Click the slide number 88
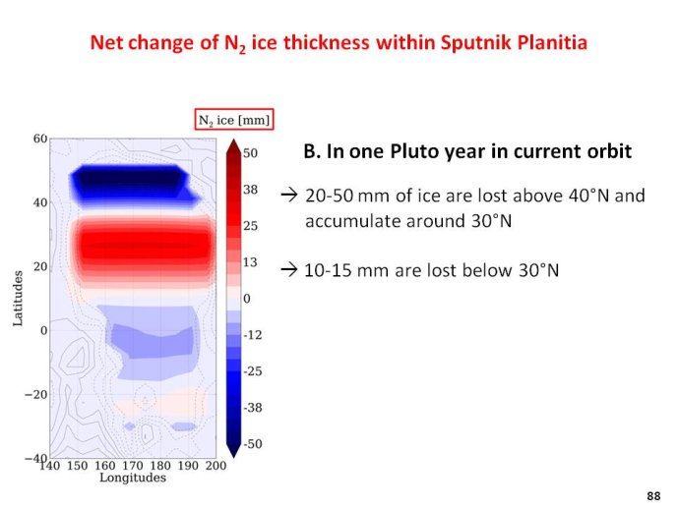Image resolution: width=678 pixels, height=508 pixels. (653, 496)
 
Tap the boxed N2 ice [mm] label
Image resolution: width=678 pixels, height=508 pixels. (234, 120)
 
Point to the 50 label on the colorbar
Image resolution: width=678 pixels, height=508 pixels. (250, 153)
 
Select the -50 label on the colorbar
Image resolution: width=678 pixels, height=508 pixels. (253, 444)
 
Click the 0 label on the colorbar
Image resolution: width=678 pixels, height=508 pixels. (246, 299)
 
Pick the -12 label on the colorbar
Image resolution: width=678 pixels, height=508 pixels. (253, 335)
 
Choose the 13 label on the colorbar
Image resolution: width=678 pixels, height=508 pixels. (250, 262)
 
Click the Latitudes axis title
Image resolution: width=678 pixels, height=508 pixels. (18, 299)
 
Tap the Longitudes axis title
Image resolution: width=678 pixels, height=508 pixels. (133, 478)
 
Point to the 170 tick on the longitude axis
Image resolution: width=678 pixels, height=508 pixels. (133, 466)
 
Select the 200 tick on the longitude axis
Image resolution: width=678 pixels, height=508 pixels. (216, 466)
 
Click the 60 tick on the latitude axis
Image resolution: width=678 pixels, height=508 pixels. (39, 139)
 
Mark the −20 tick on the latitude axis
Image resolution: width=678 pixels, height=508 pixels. (35, 394)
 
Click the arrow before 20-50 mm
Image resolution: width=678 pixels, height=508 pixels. (289, 196)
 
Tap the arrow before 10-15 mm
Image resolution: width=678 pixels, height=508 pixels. (289, 270)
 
